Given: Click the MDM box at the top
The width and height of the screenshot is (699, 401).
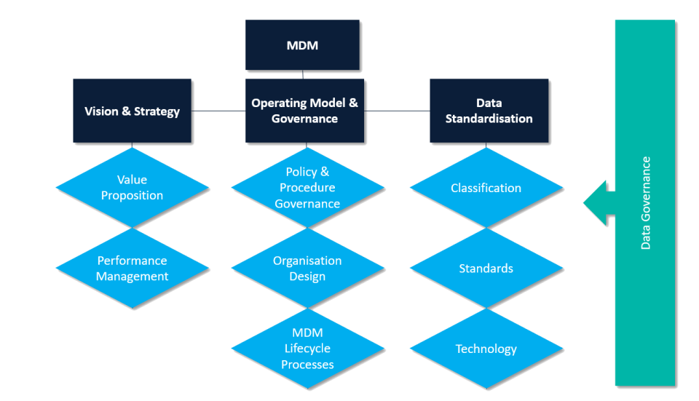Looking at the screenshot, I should (302, 45).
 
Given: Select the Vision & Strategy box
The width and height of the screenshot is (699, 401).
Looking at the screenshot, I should (132, 111).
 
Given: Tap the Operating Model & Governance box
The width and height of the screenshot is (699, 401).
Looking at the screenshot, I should (304, 111).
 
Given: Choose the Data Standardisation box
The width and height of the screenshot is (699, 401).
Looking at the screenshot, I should (489, 111).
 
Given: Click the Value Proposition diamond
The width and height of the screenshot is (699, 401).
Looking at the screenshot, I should (132, 187).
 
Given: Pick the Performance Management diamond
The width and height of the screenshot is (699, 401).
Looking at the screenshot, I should (132, 268).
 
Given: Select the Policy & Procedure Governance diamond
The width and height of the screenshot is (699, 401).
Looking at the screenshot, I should (307, 188).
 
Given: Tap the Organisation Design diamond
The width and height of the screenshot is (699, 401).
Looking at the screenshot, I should (307, 268).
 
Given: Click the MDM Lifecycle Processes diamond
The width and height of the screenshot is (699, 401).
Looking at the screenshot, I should (307, 349).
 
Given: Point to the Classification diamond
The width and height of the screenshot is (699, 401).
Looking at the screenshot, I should (486, 188).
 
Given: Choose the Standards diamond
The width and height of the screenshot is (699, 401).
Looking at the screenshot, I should (486, 269).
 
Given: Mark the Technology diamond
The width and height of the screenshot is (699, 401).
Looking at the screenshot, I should (486, 349).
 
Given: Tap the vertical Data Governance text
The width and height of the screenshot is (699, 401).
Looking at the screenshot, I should (646, 203).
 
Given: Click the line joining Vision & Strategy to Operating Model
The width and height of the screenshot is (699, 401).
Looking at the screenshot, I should (219, 111).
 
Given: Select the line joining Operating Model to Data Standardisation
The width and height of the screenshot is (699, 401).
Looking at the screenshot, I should (397, 111).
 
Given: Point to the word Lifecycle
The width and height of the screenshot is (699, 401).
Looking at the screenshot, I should (307, 349).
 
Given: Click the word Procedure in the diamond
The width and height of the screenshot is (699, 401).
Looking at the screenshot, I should (307, 188).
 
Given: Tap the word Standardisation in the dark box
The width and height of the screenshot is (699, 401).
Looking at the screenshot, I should (489, 119).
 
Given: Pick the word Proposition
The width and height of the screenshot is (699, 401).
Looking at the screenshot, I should (132, 195).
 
